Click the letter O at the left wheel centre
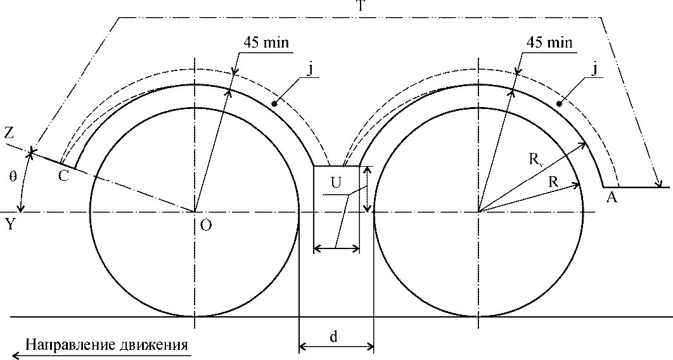206,225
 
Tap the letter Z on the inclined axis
9,133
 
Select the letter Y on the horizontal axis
9,223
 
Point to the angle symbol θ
13,176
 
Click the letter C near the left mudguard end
63,176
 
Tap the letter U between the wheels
336,183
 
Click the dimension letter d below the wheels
333,336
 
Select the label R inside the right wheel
554,181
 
